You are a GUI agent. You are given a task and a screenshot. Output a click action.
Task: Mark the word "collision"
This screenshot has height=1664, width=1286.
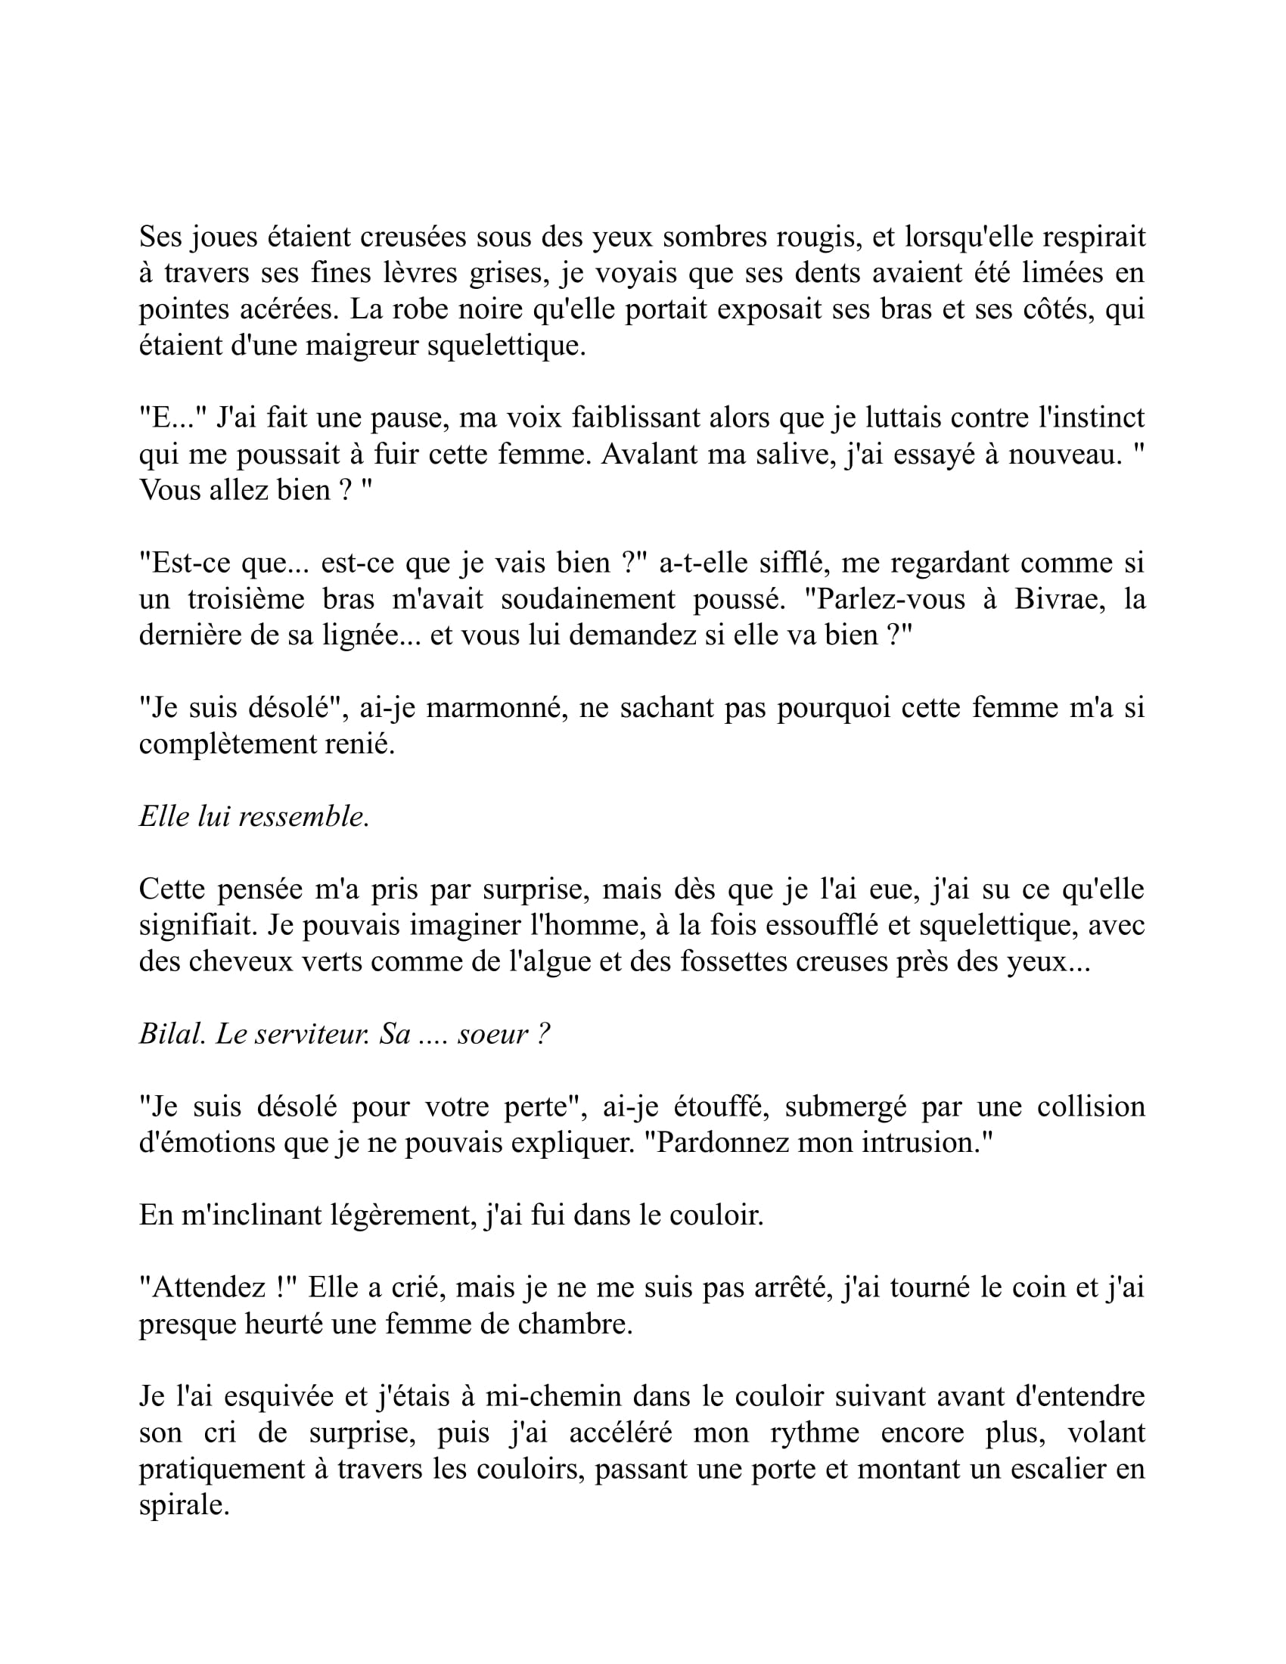click(x=1090, y=1107)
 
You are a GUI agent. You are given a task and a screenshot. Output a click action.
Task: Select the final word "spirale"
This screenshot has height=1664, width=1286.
click(x=184, y=1506)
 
